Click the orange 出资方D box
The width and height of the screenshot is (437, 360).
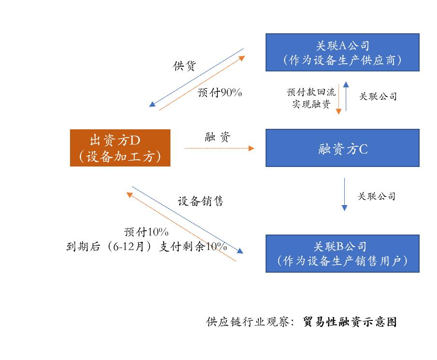tap(120, 148)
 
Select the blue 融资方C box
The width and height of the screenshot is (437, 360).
tap(342, 148)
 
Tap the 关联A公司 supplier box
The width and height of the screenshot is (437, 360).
tap(342, 52)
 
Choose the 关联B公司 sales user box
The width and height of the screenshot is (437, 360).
tap(342, 253)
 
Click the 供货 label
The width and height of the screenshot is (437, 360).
tap(184, 66)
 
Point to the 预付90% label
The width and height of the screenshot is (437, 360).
tap(219, 93)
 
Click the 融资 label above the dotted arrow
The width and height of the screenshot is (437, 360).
tap(218, 137)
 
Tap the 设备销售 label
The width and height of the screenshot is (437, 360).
tap(200, 201)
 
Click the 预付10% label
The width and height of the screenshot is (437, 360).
tap(146, 231)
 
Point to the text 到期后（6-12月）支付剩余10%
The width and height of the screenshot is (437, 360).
tap(146, 246)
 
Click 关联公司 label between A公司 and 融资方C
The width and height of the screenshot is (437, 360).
tap(378, 97)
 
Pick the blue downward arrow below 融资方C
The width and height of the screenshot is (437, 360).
tap(344, 194)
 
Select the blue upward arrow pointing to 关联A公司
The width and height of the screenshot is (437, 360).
tap(346, 97)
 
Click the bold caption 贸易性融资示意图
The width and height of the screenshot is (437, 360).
tap(350, 322)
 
